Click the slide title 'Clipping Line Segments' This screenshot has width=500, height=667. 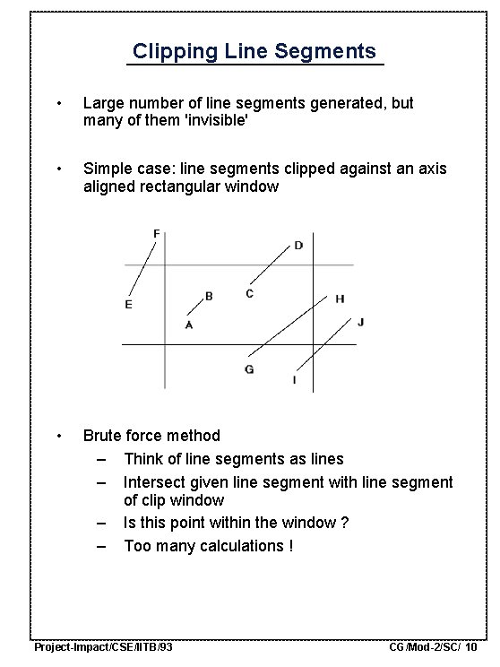point(254,51)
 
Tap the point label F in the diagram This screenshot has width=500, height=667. point(157,234)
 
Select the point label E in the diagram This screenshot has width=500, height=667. point(128,305)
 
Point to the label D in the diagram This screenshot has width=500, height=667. point(298,246)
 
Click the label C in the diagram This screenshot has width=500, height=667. point(249,293)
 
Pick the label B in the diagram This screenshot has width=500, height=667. point(209,296)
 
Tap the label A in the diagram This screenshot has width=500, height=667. point(188,325)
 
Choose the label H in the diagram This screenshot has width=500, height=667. point(340,299)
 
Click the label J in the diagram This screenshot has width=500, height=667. point(360,321)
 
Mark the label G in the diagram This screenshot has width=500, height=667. point(249,369)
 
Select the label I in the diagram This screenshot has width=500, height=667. point(294,380)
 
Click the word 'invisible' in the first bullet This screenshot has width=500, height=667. point(214,121)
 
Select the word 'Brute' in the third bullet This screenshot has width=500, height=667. point(103,436)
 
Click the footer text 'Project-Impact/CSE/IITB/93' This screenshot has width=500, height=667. point(103,646)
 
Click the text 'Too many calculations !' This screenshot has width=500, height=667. point(208,546)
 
